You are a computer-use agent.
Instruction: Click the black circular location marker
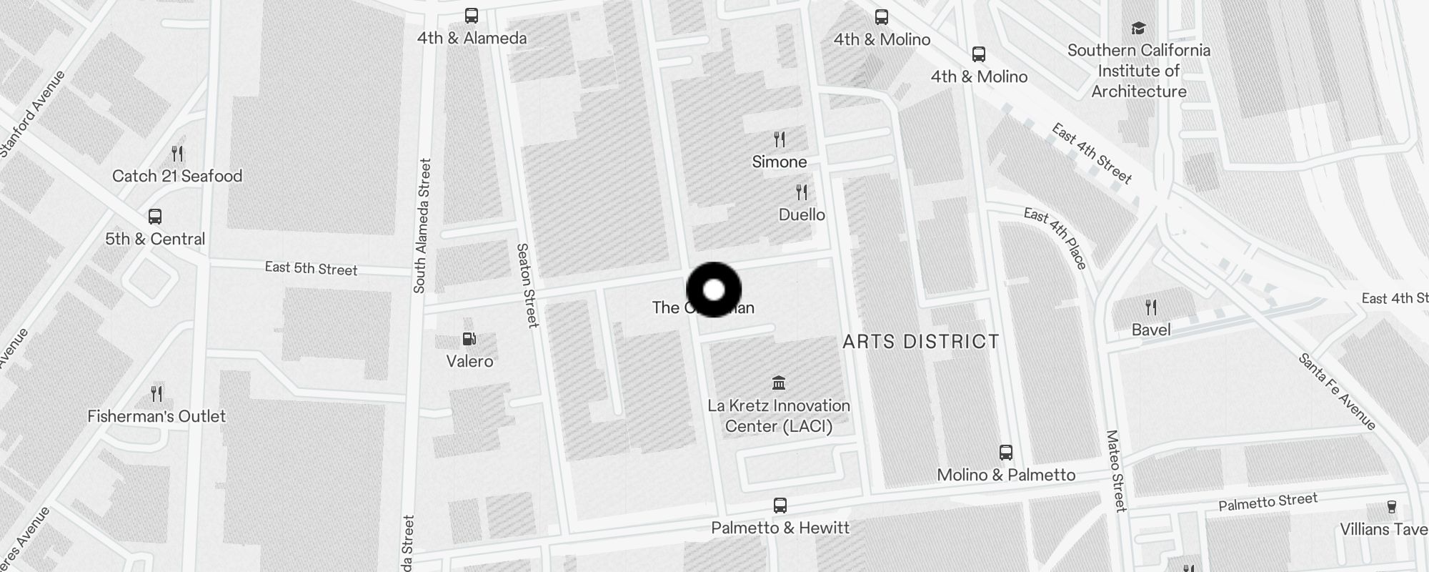coord(714,290)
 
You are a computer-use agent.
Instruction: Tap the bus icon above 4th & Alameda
coord(472,16)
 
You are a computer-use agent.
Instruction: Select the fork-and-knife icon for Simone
coord(780,139)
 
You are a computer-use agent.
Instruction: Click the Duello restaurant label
coord(802,214)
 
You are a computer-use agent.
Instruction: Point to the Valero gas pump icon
coord(469,339)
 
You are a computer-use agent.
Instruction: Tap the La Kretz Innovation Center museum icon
coord(779,383)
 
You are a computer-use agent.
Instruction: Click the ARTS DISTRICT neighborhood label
coord(921,342)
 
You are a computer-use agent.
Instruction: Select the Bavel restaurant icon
coord(1151,307)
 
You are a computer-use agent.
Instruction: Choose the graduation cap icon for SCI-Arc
coord(1138,29)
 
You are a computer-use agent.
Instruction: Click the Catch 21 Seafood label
coord(177,176)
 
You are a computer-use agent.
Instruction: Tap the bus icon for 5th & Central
coord(155,216)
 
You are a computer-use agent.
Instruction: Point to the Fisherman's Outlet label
coord(156,416)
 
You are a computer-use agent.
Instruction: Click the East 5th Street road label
coord(311,269)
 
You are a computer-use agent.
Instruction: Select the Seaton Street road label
coord(527,285)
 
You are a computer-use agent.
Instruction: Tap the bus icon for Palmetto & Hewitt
coord(780,506)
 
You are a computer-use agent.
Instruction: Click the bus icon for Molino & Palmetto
coord(1006,453)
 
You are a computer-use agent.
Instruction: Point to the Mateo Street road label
coord(1115,470)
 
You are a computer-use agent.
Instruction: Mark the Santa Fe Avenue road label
coord(1337,391)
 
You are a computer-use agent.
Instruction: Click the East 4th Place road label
coord(1055,238)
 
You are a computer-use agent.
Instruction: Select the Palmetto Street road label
coord(1268,502)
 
